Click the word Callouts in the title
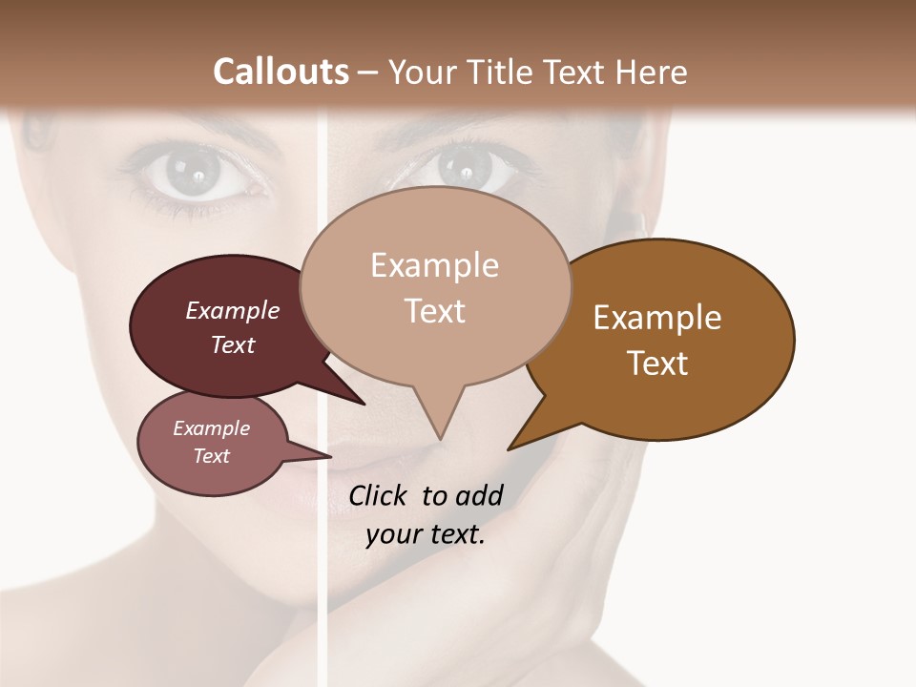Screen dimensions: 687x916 tap(281, 72)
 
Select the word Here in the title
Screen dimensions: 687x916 tap(653, 73)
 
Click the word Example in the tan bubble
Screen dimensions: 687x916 tap(434, 265)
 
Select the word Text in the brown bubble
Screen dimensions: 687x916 tap(657, 364)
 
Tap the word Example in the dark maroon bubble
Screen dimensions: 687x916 tap(233, 310)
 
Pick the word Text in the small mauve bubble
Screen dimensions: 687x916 tap(212, 456)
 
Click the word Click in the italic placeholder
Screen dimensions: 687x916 tap(379, 495)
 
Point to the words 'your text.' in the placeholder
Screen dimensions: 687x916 tap(426, 534)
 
